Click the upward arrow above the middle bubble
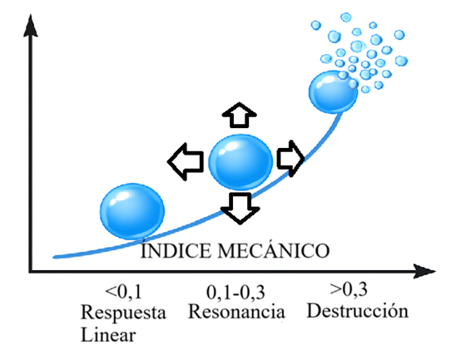point(240,116)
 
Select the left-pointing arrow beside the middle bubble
point(186,161)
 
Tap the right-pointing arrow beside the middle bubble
point(290,159)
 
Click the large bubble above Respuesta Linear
point(132,211)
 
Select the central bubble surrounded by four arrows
point(240,162)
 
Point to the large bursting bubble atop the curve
point(333,91)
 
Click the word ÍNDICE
point(176,251)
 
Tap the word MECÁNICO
point(274,250)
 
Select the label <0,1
point(123,292)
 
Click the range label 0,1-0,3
point(235,292)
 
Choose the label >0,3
point(349,289)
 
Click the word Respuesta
point(123,313)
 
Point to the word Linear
point(108,335)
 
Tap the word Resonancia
point(236,312)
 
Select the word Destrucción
point(358,311)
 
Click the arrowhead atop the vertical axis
point(30,26)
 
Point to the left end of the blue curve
point(54,257)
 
